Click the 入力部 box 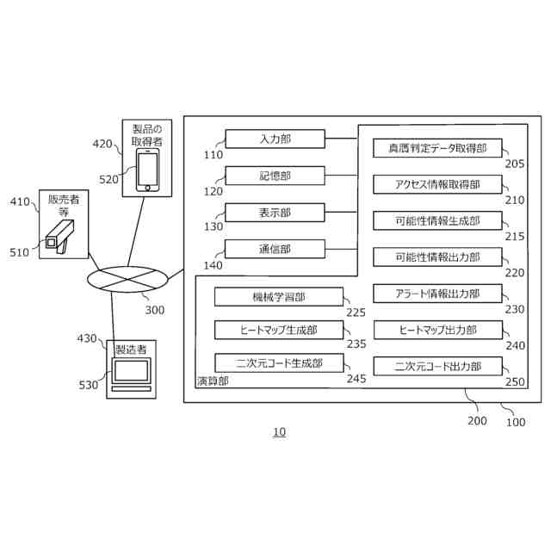[x=275, y=139]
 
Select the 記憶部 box [x=275, y=176]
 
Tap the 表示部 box [x=275, y=213]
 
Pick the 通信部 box [x=275, y=250]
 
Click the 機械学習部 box [x=277, y=297]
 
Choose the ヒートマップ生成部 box [x=277, y=330]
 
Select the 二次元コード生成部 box [x=277, y=363]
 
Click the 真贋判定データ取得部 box [x=437, y=148]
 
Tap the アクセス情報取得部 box [x=437, y=184]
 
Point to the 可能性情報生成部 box [x=437, y=220]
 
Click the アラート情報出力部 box [x=437, y=294]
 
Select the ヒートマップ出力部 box [x=437, y=330]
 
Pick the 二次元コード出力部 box [x=437, y=367]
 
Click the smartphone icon [x=148, y=170]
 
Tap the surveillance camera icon [x=62, y=234]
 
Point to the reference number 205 [x=515, y=164]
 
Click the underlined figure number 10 [x=279, y=432]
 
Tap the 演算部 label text [x=213, y=380]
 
